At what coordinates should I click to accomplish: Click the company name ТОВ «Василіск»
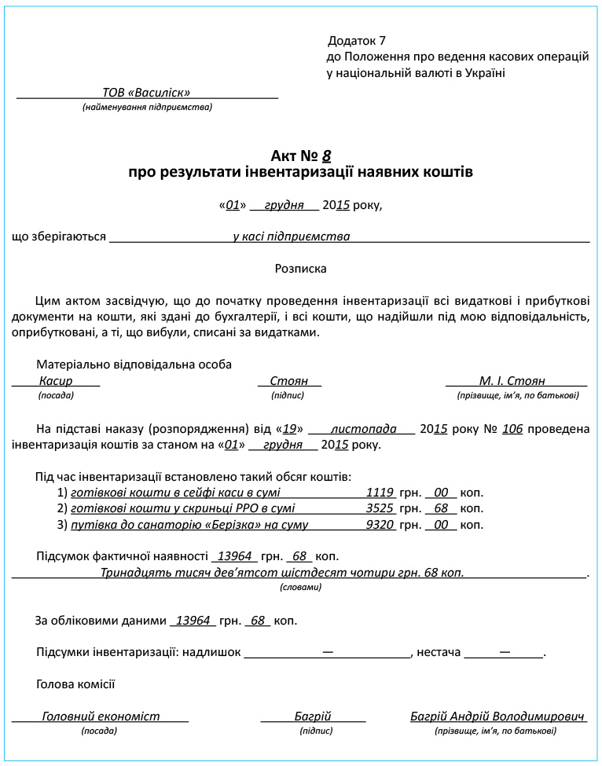146,93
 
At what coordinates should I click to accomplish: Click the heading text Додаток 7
357,40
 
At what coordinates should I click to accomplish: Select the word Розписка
300,269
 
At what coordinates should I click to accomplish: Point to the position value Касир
56,381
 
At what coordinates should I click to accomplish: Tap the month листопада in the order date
364,430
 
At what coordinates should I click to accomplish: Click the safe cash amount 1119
380,493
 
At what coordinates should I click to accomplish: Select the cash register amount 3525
380,509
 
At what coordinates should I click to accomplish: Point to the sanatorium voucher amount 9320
380,525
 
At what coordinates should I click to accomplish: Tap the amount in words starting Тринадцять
282,573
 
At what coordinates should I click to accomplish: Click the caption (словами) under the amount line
300,587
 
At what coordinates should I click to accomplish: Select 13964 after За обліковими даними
193,621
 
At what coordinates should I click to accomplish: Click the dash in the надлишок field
327,652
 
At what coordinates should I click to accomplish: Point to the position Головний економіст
101,717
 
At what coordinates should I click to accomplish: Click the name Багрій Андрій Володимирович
498,717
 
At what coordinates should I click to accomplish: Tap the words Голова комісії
75,684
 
